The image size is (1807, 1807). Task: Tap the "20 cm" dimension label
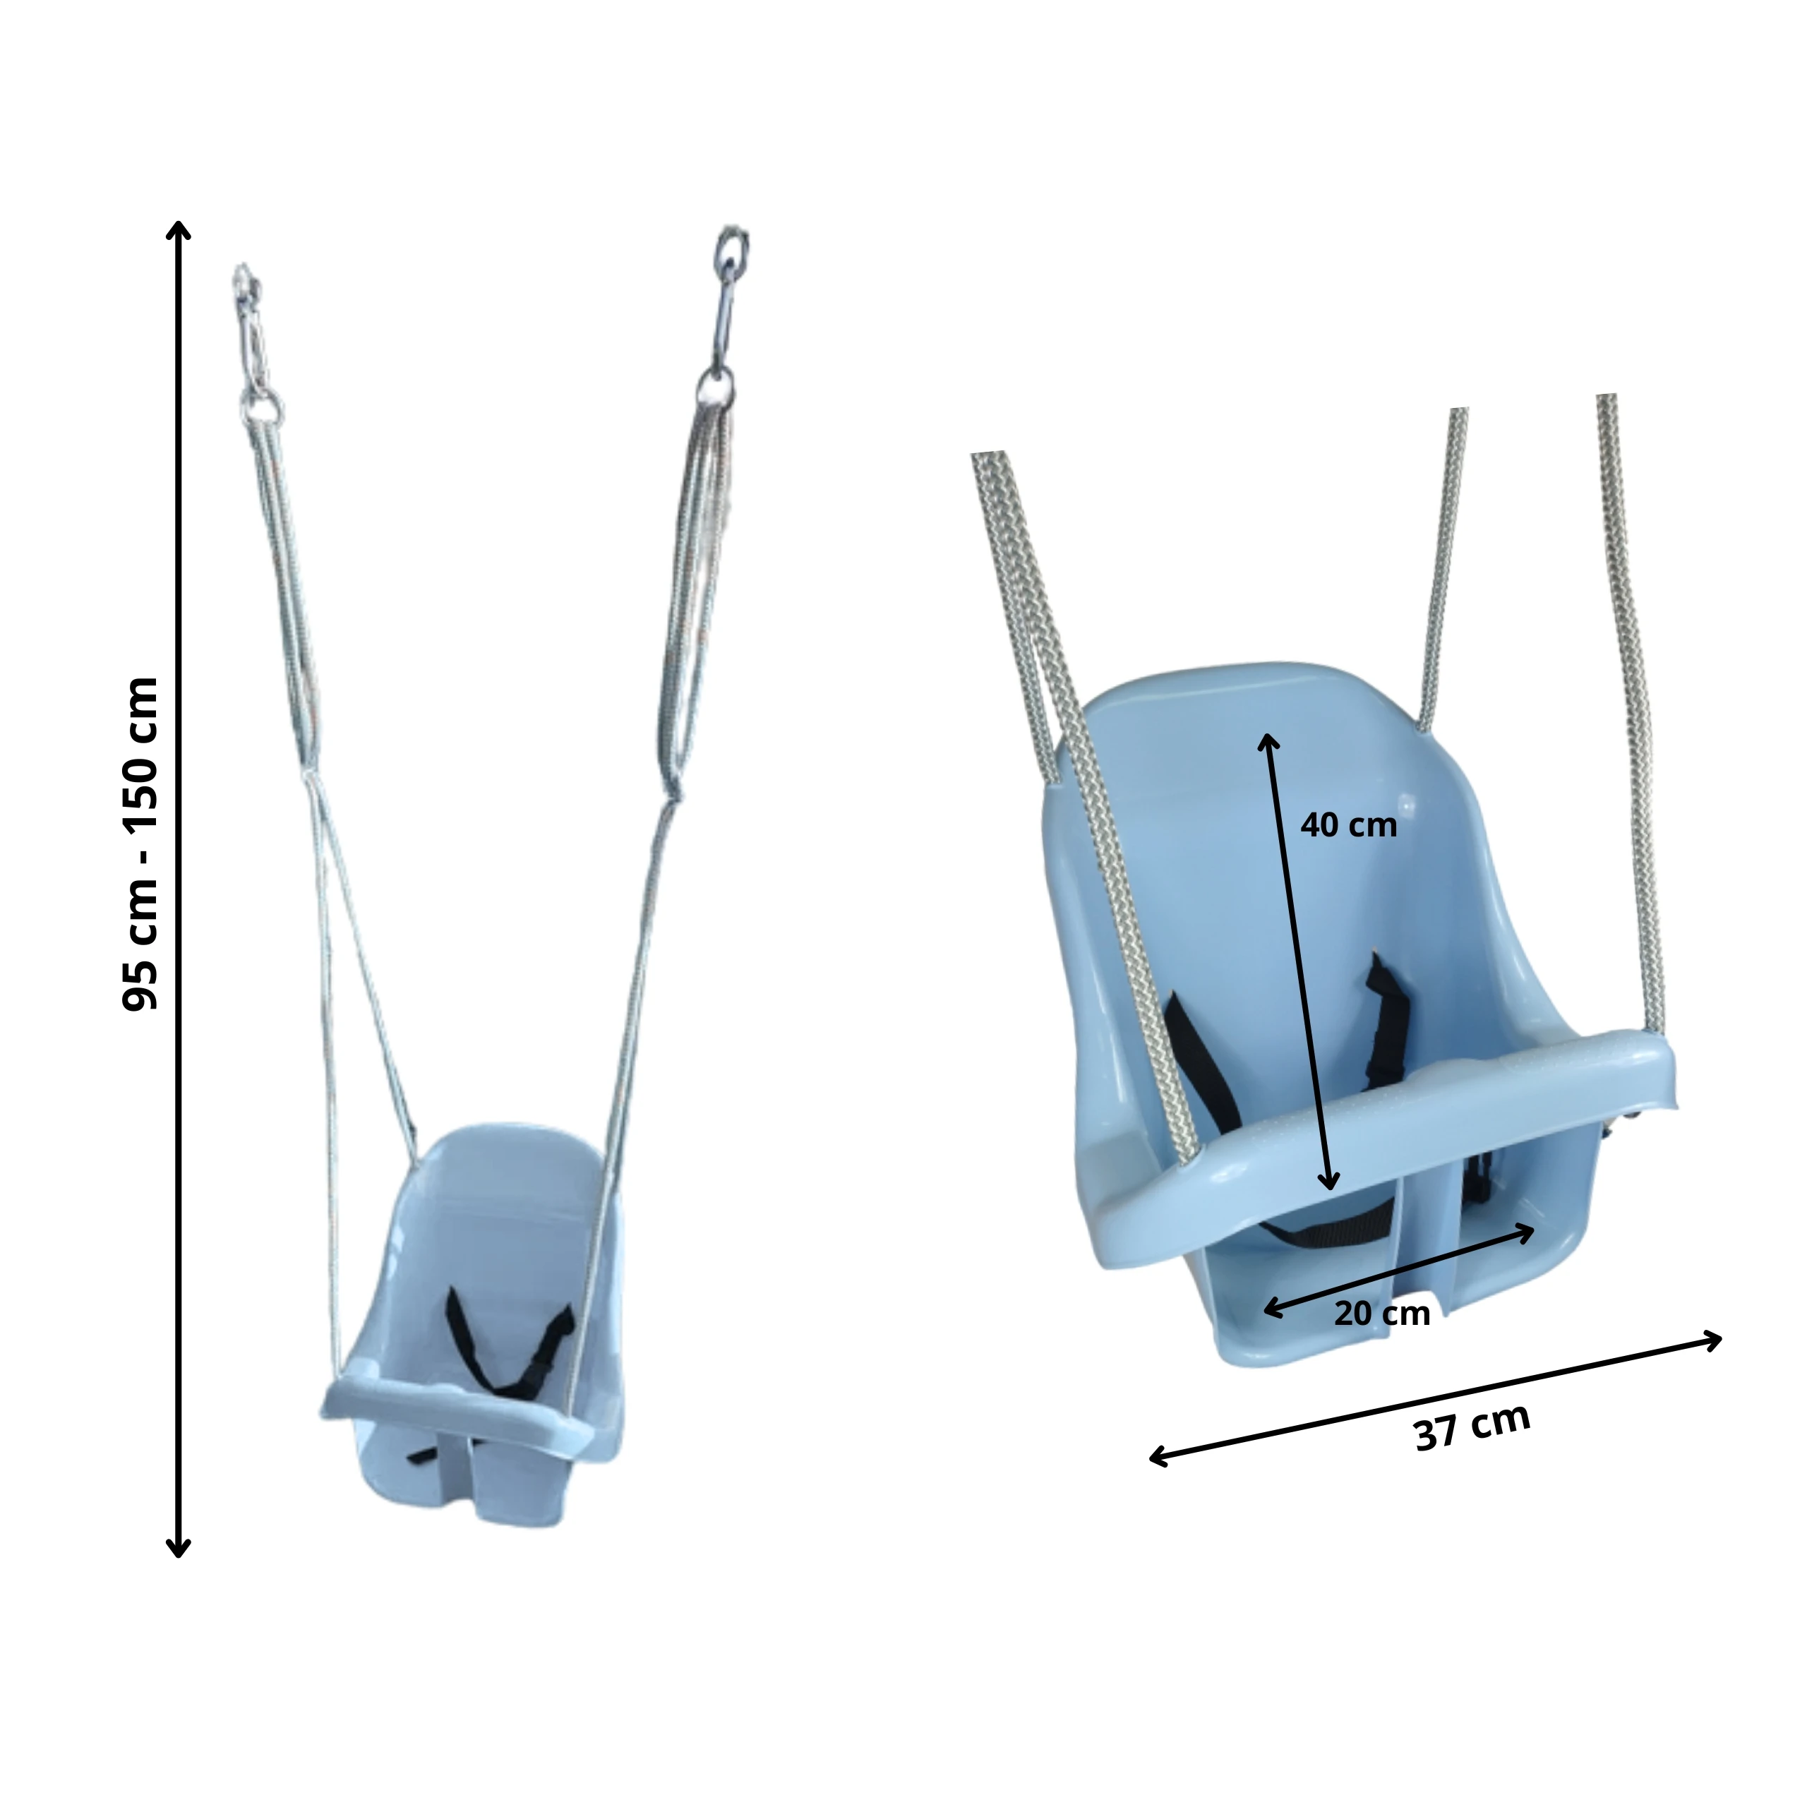coord(1381,1313)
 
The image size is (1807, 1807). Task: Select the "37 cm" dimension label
coord(1473,1427)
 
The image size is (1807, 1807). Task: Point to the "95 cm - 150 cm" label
coord(140,843)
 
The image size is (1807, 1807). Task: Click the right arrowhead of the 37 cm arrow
coord(1713,1340)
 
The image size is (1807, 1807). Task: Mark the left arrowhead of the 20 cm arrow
coord(1271,1309)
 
